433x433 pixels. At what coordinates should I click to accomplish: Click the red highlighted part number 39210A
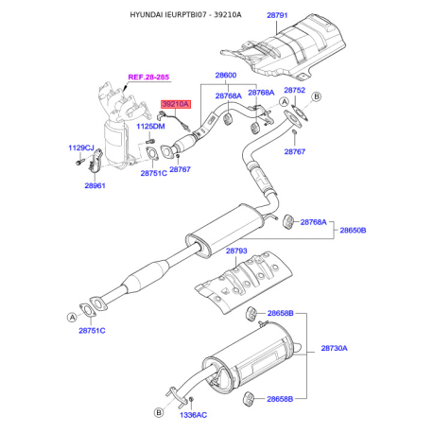point(176,104)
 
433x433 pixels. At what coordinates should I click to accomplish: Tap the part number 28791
point(277,15)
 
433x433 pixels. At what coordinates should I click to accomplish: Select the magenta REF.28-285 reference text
point(148,77)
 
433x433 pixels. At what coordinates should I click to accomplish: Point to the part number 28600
point(226,76)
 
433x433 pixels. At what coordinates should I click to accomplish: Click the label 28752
point(295,90)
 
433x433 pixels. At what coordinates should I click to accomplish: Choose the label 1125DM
point(150,127)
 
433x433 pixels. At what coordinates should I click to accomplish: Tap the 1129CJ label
point(81,147)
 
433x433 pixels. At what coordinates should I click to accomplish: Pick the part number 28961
point(95,185)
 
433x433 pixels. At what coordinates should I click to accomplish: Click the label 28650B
point(353,231)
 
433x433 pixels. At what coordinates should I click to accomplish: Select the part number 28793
point(236,251)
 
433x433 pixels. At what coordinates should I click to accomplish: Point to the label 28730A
point(334,348)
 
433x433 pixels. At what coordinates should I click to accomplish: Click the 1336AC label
point(193,415)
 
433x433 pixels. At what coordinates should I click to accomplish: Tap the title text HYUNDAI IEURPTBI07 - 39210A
point(185,15)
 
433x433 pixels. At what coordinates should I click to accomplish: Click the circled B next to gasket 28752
point(317,96)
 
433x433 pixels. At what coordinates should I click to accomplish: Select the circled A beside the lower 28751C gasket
point(72,317)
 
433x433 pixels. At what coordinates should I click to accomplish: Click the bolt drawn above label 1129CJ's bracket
point(79,162)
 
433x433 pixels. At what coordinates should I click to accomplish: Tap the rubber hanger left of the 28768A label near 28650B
point(288,222)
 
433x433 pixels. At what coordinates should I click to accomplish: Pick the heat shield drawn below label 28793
point(243,282)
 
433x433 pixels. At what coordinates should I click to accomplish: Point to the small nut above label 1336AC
point(191,400)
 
